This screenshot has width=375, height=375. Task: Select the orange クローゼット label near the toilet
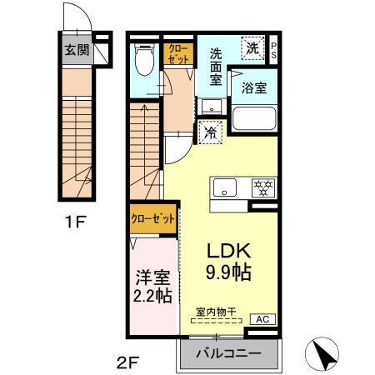point(177,54)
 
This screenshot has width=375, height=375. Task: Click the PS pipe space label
point(274,49)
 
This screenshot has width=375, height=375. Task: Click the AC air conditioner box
point(260,318)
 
